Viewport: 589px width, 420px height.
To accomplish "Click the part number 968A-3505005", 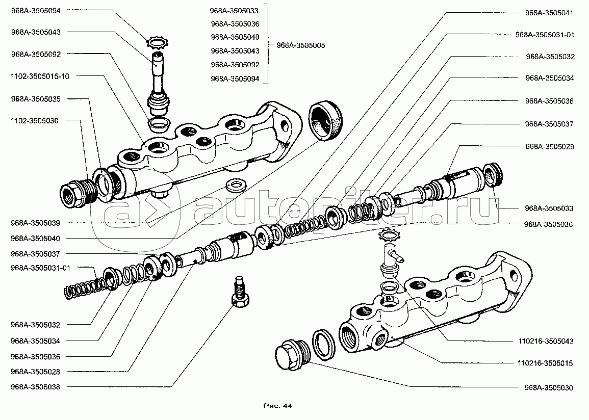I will pyautogui.click(x=300, y=45).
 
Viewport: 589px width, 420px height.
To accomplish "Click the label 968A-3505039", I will pyautogui.click(x=35, y=223).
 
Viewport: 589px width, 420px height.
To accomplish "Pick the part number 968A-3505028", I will pyautogui.click(x=35, y=372).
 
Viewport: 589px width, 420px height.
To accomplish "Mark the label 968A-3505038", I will pyautogui.click(x=35, y=387).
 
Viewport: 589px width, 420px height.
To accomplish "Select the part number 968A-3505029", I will pyautogui.click(x=549, y=146).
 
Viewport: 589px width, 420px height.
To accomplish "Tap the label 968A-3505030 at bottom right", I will pyautogui.click(x=549, y=388).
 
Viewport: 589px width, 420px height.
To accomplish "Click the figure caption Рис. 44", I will pyautogui.click(x=277, y=406).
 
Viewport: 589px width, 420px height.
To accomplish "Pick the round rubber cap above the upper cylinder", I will pyautogui.click(x=326, y=120).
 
